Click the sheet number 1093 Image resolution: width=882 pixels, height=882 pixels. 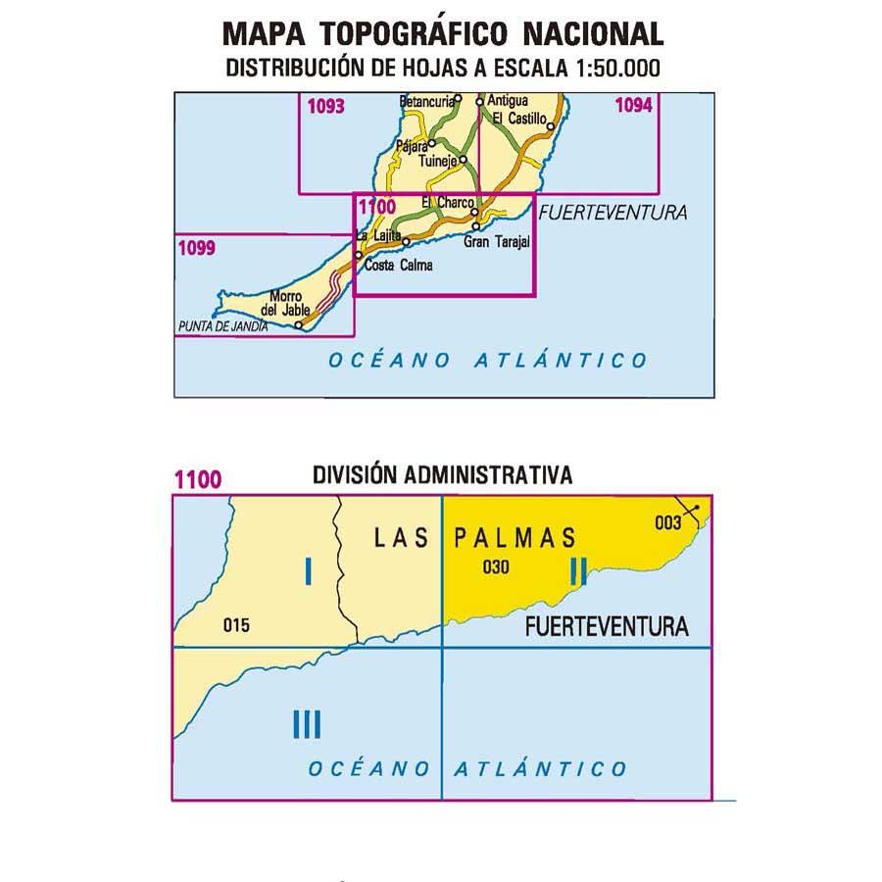pyautogui.click(x=325, y=107)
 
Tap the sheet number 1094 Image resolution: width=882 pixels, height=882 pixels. pyautogui.click(x=633, y=107)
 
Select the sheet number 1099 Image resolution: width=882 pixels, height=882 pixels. pyautogui.click(x=196, y=248)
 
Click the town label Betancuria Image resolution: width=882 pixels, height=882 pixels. pyautogui.click(x=427, y=101)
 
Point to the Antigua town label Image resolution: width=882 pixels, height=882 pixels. pyautogui.click(x=508, y=101)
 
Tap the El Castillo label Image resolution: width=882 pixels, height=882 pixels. pyautogui.click(x=519, y=119)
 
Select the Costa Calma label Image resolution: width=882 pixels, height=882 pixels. pyautogui.click(x=398, y=265)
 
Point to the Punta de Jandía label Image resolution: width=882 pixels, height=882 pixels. pyautogui.click(x=221, y=327)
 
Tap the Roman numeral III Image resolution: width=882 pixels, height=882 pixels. pyautogui.click(x=307, y=725)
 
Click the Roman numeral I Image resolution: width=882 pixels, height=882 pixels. pyautogui.click(x=309, y=570)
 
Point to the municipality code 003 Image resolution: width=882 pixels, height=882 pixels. pyautogui.click(x=667, y=522)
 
